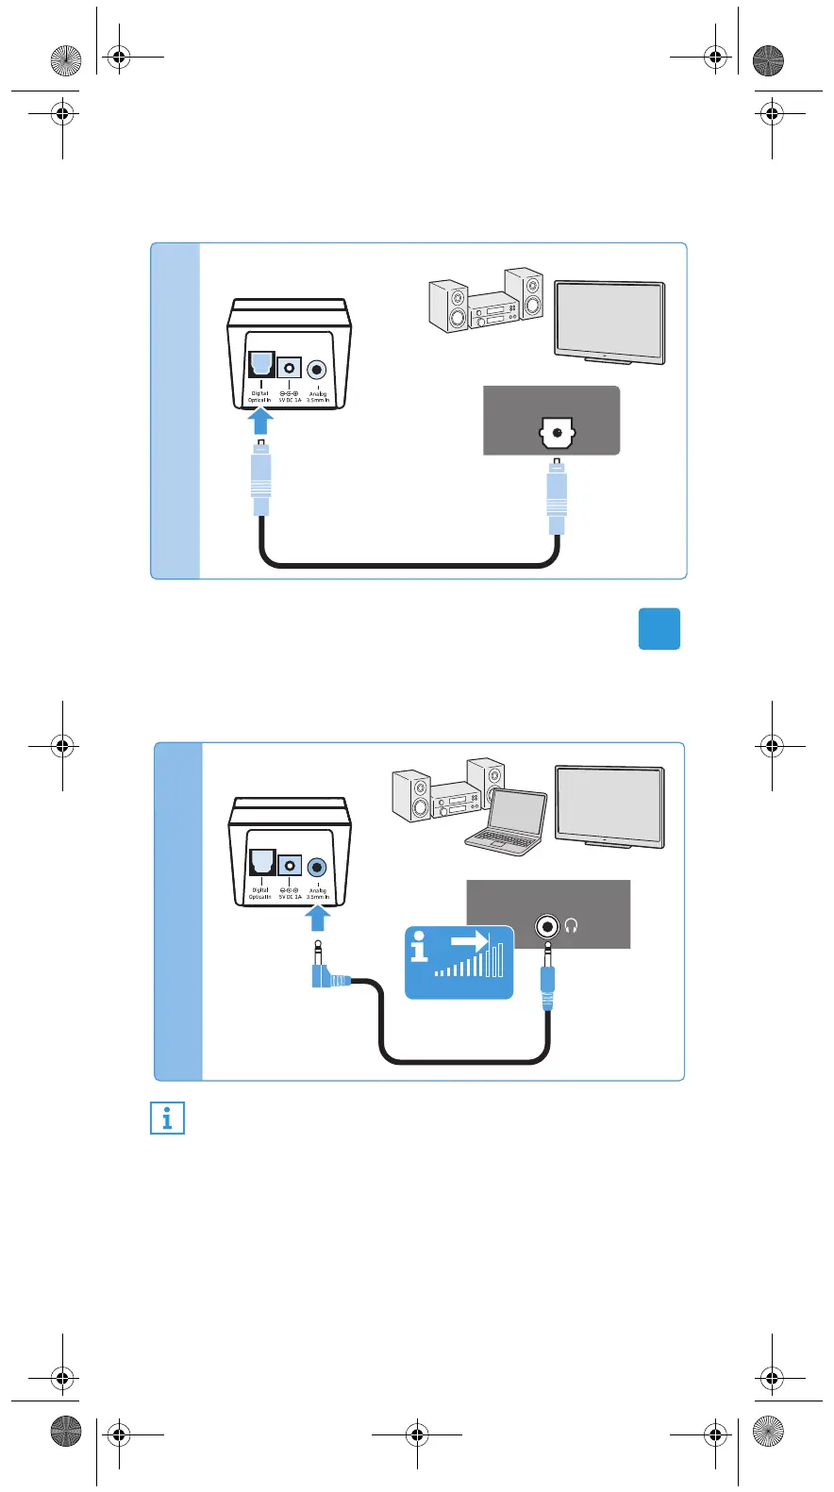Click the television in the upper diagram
(609, 321)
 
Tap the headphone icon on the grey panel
(571, 927)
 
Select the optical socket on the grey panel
(557, 435)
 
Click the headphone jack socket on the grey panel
(547, 927)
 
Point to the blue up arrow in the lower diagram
(318, 918)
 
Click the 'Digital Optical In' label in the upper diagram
(259, 397)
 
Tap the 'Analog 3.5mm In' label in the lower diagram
(318, 893)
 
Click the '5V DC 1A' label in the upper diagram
(290, 397)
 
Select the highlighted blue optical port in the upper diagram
(260, 364)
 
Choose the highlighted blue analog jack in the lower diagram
(317, 867)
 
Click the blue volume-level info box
(459, 962)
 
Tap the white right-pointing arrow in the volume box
(469, 941)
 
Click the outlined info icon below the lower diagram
(168, 1119)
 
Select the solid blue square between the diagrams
(659, 629)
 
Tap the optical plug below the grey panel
(557, 495)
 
